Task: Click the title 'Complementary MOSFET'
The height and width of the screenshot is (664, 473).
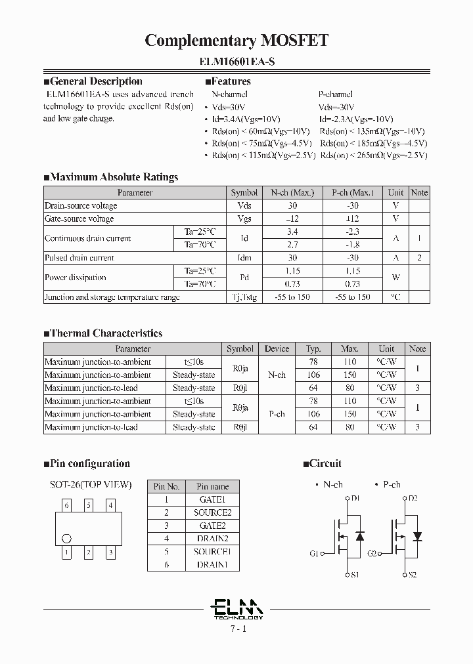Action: click(x=236, y=41)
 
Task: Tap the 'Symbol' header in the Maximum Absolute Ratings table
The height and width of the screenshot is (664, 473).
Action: click(x=244, y=192)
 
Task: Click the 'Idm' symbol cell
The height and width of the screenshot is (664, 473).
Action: click(x=244, y=258)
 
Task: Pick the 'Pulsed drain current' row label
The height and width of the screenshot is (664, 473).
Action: click(x=79, y=258)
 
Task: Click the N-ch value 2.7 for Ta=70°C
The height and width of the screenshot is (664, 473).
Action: click(x=292, y=245)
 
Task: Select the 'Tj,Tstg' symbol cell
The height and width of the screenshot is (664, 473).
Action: click(x=244, y=297)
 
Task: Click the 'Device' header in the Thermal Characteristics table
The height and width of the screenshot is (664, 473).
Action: click(x=277, y=348)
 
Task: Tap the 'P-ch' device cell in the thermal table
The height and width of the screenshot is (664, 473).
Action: click(x=277, y=414)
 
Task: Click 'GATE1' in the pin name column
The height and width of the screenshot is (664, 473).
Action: click(x=212, y=499)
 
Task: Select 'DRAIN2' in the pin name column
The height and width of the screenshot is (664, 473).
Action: click(x=212, y=539)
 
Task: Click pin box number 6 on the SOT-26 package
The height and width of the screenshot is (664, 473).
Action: click(x=67, y=505)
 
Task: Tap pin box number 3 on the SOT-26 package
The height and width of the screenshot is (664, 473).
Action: click(x=110, y=552)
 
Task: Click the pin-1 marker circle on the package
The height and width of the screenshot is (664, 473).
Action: click(x=66, y=539)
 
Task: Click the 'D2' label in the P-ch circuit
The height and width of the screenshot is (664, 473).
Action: click(x=413, y=499)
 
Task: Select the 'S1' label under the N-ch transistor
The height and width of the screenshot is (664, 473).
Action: click(x=354, y=575)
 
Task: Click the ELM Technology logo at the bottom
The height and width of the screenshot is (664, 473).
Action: click(x=238, y=609)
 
